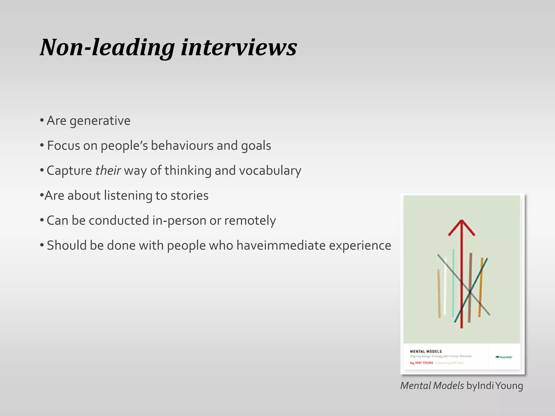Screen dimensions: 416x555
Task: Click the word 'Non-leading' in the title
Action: (x=107, y=48)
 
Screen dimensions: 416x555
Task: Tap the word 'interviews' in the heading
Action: (x=239, y=48)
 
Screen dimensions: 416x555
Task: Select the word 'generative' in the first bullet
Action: (x=100, y=121)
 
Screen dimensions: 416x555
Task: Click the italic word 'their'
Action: (x=108, y=171)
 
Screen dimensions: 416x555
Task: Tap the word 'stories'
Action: (x=189, y=196)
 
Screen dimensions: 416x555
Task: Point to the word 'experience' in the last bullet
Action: (x=360, y=245)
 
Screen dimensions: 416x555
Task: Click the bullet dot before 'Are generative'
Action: (x=42, y=120)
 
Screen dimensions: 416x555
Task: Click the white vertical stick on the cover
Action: (x=445, y=287)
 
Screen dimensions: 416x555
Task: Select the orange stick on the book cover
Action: (x=480, y=287)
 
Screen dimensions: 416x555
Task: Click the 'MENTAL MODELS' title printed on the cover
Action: (x=426, y=351)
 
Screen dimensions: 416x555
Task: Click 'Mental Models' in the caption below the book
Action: (x=432, y=386)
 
